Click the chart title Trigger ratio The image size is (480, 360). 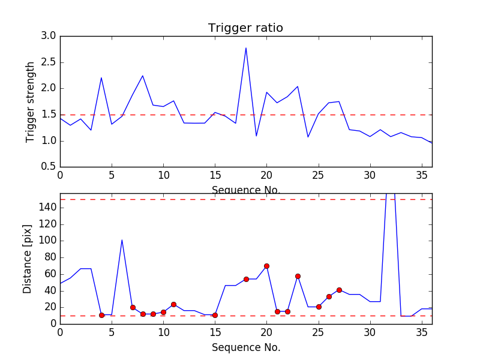(245, 28)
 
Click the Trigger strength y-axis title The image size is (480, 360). (31, 101)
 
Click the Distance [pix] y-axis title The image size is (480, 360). (28, 259)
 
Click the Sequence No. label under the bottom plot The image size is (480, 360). (246, 347)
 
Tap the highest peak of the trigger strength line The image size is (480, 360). (246, 48)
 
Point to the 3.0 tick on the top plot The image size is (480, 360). (49, 36)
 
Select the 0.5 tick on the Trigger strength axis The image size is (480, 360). (49, 167)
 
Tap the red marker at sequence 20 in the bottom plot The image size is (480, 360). (266, 266)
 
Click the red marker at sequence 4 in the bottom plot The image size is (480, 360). (101, 315)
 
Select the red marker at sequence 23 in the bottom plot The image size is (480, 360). (298, 276)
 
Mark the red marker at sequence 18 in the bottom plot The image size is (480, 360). (246, 279)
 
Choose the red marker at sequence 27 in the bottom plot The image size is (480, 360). (339, 290)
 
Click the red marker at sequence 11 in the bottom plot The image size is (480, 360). (173, 304)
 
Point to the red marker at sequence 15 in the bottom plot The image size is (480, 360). (215, 315)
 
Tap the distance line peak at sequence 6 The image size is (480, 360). (122, 240)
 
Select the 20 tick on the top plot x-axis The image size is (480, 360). (266, 176)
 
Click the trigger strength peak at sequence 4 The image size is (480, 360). (101, 78)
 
